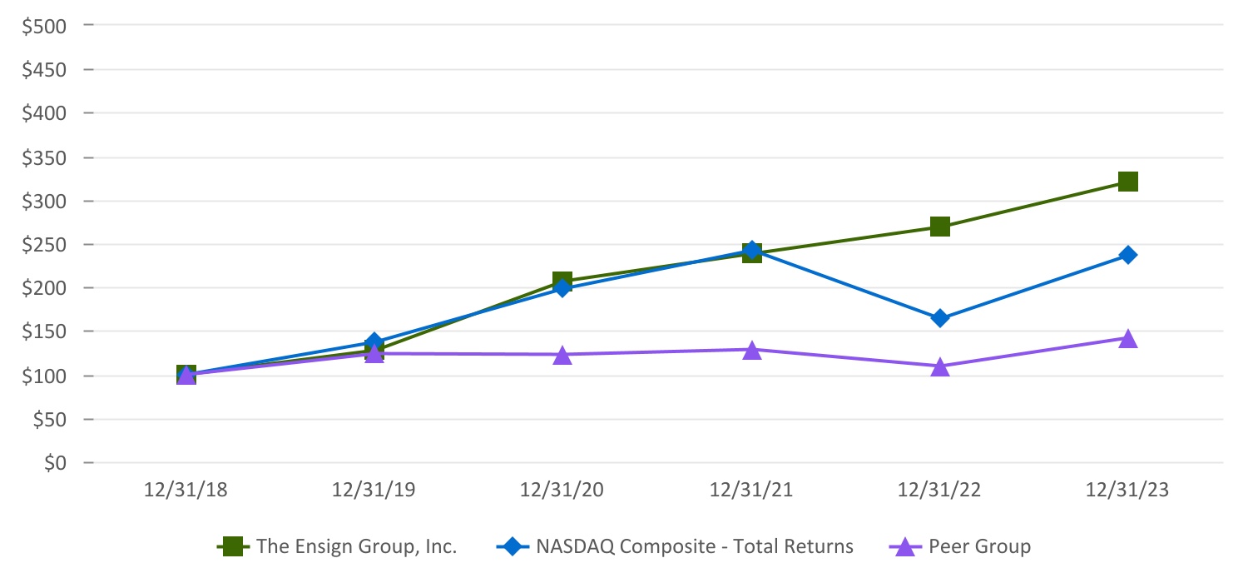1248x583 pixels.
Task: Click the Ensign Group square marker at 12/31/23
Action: pyautogui.click(x=1128, y=182)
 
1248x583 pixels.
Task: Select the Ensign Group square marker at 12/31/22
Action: pyautogui.click(x=940, y=227)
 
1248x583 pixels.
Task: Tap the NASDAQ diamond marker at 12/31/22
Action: pyautogui.click(x=940, y=318)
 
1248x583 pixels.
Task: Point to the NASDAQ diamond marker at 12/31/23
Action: pyautogui.click(x=1128, y=255)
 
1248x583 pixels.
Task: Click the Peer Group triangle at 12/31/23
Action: pyautogui.click(x=1128, y=338)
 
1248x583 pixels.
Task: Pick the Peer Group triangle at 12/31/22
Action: pyautogui.click(x=940, y=366)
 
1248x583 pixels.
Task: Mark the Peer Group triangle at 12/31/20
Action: pyautogui.click(x=562, y=356)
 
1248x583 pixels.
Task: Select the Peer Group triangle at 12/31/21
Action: pyautogui.click(x=751, y=351)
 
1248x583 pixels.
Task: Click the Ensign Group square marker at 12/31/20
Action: pyautogui.click(x=562, y=281)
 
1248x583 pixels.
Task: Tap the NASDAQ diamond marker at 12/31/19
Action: pyautogui.click(x=374, y=341)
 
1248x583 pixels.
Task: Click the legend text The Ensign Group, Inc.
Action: pyautogui.click(x=357, y=547)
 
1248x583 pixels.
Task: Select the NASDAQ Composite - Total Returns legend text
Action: pyautogui.click(x=695, y=547)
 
